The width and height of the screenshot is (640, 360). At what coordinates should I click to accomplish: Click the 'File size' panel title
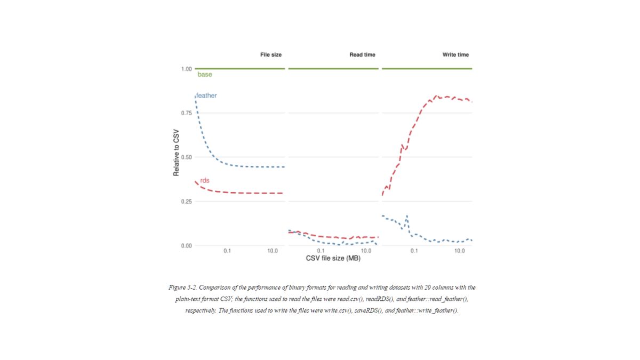(x=271, y=54)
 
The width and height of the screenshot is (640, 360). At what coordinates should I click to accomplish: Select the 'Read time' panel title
(x=362, y=54)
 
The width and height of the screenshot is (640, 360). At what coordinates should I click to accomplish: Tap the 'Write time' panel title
(x=455, y=54)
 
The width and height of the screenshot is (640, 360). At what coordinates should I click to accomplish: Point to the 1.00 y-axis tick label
(x=186, y=69)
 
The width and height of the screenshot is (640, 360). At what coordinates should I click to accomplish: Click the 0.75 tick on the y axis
(x=186, y=113)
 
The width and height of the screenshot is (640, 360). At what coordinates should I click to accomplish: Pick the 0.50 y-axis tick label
(x=186, y=157)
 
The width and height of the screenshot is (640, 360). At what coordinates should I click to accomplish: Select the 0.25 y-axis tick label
(x=186, y=202)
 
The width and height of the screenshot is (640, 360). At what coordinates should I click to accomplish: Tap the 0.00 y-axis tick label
(x=186, y=246)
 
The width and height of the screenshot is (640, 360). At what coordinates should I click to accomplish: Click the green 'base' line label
(x=204, y=75)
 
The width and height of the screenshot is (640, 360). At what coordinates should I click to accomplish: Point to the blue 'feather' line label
(x=206, y=95)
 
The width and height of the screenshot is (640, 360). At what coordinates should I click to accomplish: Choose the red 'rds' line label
(x=205, y=180)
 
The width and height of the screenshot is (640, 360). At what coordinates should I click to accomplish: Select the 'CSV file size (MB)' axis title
(x=333, y=259)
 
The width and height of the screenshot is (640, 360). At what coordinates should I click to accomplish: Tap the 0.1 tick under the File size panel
(x=227, y=251)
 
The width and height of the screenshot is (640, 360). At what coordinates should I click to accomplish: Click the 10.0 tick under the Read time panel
(x=366, y=251)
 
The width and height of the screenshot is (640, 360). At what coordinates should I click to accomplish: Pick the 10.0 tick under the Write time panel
(x=459, y=251)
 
